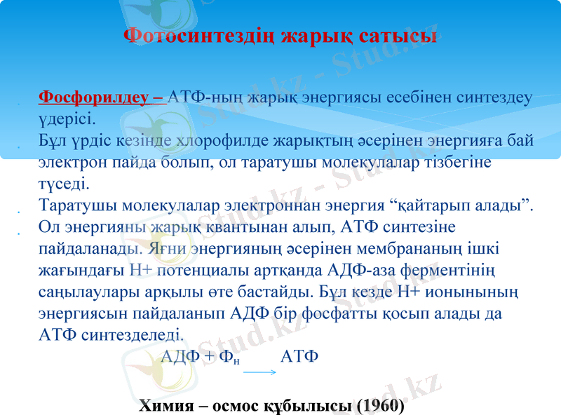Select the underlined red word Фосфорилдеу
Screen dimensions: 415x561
(x=97, y=97)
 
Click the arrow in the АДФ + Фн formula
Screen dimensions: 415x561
(x=259, y=372)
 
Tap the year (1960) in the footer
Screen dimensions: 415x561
(x=381, y=405)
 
